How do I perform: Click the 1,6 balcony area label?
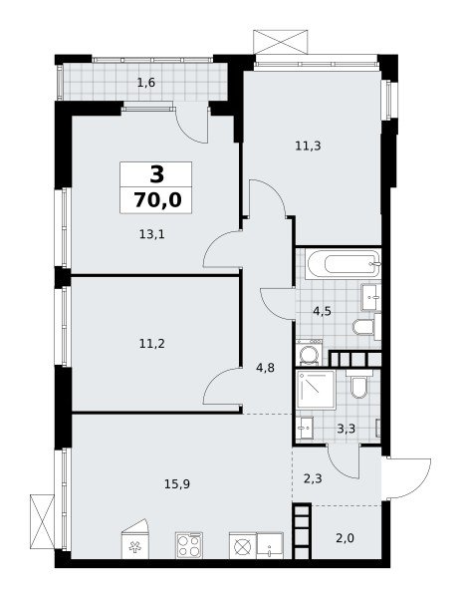click(146, 83)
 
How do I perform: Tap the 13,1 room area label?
click(151, 234)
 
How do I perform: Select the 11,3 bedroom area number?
click(308, 146)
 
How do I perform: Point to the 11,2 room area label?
click(152, 344)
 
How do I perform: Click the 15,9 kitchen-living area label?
click(177, 484)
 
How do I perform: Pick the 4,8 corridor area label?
click(266, 369)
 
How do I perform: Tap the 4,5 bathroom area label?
click(322, 311)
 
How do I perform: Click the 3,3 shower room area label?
click(346, 429)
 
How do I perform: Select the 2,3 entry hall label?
click(314, 478)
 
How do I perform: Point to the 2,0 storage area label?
click(346, 538)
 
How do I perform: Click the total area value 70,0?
click(157, 200)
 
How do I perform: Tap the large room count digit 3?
click(157, 174)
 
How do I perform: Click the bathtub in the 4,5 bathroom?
click(344, 264)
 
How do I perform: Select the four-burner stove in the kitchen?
click(189, 545)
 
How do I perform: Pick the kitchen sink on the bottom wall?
click(270, 546)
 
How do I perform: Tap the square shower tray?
click(316, 390)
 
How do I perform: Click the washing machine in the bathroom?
click(309, 353)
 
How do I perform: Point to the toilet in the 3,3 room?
click(358, 385)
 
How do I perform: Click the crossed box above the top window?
click(281, 42)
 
